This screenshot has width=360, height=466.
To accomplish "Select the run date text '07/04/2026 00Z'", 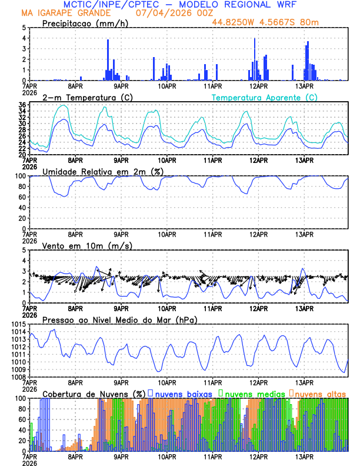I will [x=165, y=13].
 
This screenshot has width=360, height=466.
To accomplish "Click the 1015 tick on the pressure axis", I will [x=17, y=325].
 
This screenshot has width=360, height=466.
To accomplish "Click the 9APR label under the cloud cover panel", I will [x=121, y=457].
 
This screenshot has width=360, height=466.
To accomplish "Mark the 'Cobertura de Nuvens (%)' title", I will [x=93, y=394].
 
